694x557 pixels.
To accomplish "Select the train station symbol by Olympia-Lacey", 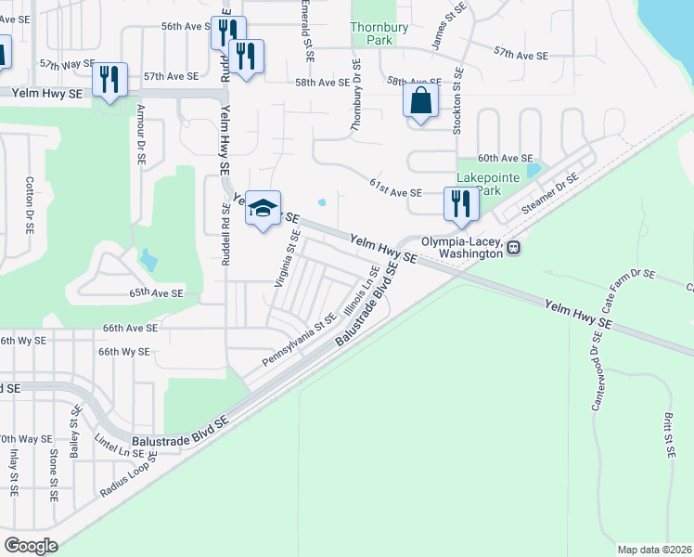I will [x=513, y=247].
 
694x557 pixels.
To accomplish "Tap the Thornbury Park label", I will [x=379, y=33].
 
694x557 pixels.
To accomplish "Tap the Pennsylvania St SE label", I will [x=299, y=340].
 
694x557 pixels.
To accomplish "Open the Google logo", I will [x=30, y=546].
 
